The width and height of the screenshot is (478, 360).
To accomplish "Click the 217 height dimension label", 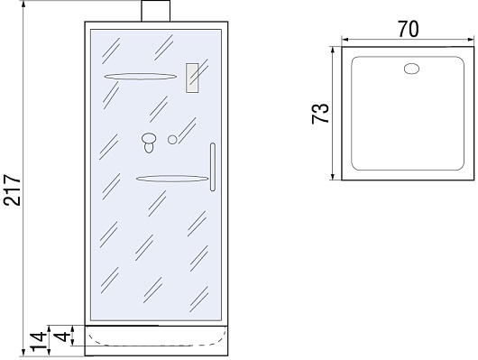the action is [x=13, y=190].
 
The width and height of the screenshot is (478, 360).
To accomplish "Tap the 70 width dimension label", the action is [x=409, y=29].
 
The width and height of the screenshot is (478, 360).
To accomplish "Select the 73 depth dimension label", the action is [x=320, y=114].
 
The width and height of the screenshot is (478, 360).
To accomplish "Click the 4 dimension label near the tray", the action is [x=61, y=337].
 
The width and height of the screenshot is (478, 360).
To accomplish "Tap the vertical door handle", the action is [x=213, y=167].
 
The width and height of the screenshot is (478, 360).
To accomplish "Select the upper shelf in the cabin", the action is [x=140, y=77].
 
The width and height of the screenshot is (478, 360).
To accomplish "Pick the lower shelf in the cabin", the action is [x=172, y=179].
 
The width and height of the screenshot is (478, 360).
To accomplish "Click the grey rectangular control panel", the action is [x=192, y=78].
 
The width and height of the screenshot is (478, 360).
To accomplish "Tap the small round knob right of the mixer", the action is [x=172, y=140].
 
